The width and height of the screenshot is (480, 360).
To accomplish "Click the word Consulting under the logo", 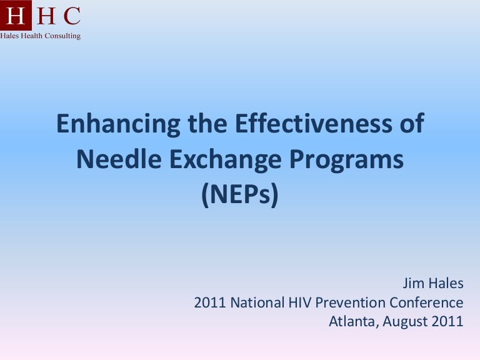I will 62,36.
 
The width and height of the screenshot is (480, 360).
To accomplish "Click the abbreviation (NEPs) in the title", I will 239,196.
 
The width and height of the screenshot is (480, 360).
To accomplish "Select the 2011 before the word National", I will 210,303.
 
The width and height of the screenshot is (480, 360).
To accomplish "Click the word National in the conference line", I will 256,303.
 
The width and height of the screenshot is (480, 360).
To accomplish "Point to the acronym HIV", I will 299,303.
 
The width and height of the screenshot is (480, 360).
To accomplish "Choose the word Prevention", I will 351,303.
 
